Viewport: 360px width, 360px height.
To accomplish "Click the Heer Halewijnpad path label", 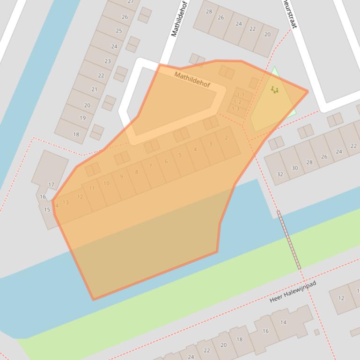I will click(293, 291).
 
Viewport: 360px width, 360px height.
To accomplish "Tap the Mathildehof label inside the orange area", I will click(192, 79).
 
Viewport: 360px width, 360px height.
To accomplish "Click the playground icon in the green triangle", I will click(275, 89).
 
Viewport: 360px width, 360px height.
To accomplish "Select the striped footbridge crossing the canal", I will click(289, 240).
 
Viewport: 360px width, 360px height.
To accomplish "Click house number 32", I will click(280, 174).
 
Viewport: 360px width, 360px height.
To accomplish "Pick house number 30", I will click(295, 168).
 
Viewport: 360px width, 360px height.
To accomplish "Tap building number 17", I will click(51, 185).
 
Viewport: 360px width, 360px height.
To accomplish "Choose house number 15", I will click(47, 209).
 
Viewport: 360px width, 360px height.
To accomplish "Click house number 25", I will click(119, 31).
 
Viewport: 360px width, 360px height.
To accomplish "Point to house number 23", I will click(108, 61).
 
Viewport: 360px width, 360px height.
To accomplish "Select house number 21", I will click(94, 90).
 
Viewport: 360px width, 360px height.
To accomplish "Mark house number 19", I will click(83, 118).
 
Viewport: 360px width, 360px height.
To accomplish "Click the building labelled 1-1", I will click(241, 95).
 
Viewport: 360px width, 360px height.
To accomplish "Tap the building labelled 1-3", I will click(235, 109).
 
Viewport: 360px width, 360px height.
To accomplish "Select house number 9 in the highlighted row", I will click(122, 177).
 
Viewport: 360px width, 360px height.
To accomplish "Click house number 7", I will click(150, 166).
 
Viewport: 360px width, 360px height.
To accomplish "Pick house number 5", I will click(180, 155).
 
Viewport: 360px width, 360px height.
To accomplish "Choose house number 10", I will click(106, 183).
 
